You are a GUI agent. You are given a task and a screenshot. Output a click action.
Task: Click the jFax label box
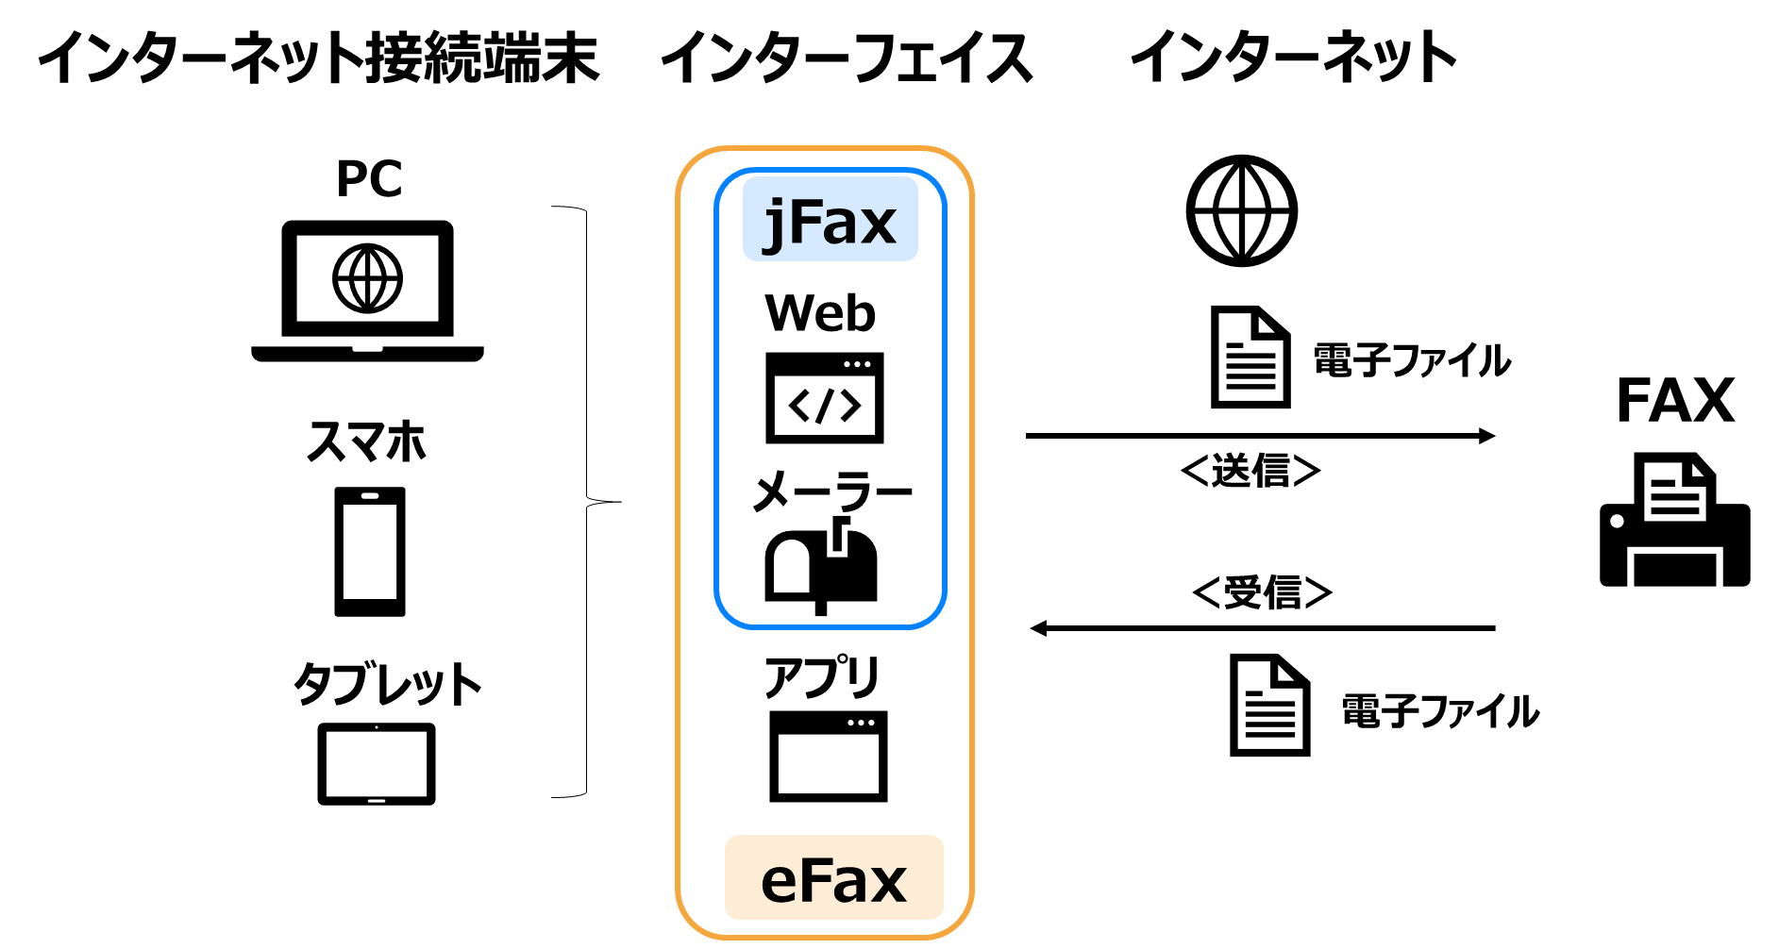[x=830, y=219]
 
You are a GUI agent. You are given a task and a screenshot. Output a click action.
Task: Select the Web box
[x=821, y=311]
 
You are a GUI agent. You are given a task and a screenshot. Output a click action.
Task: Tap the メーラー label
[x=832, y=491]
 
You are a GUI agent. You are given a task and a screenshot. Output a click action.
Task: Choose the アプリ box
[x=821, y=676]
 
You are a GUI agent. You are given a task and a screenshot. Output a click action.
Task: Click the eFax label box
[x=833, y=878]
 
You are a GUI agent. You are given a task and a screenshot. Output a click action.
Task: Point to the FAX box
[x=1674, y=397]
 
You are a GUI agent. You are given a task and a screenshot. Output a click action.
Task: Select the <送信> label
[x=1250, y=469]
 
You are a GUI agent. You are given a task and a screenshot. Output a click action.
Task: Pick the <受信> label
[x=1263, y=591]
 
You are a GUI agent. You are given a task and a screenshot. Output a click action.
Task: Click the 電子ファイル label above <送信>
[x=1412, y=359]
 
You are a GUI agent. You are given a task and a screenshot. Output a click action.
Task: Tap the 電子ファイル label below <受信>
[x=1440, y=710]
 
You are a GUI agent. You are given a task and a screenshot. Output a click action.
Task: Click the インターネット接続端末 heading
[x=317, y=57]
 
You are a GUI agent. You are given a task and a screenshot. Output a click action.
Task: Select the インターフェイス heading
[x=846, y=57]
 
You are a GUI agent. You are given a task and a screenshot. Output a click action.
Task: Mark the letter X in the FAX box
[x=1709, y=399]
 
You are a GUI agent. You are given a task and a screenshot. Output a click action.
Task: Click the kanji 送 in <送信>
[x=1232, y=469]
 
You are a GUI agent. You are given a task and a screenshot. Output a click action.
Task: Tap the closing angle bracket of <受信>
[x=1317, y=591]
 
